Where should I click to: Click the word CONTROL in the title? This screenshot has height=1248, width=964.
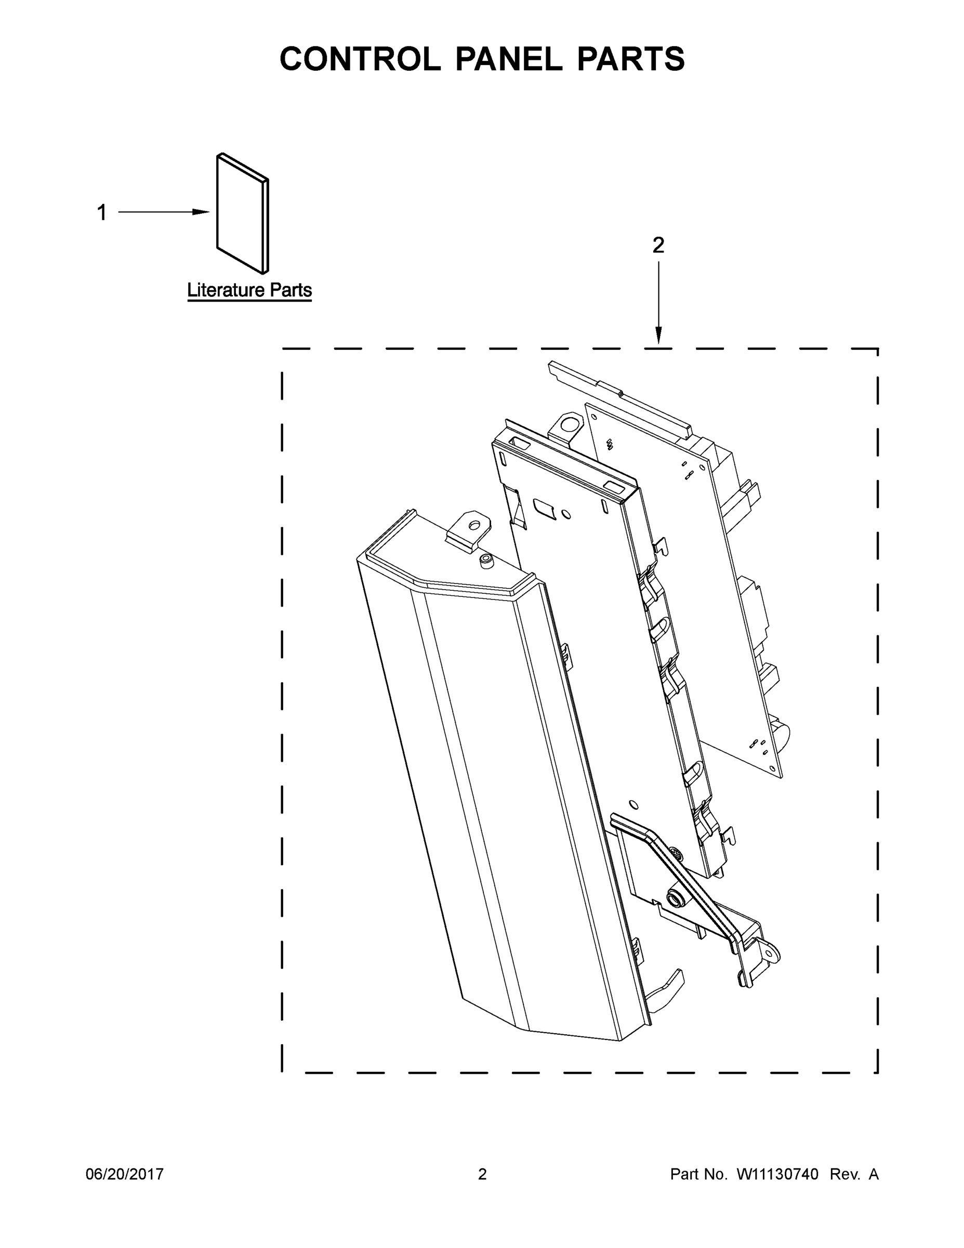click(x=359, y=59)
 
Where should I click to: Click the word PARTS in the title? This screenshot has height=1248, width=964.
click(x=630, y=59)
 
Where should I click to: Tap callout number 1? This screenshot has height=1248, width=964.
click(x=102, y=213)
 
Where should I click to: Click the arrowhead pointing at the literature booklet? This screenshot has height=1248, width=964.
click(x=202, y=212)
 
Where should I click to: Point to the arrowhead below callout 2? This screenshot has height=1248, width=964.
click(x=658, y=336)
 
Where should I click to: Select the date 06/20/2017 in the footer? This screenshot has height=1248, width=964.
click(x=125, y=1174)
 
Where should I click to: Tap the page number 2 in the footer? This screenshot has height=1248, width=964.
click(x=482, y=1174)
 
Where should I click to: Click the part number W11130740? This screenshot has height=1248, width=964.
click(x=777, y=1174)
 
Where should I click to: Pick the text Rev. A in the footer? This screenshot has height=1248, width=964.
click(x=854, y=1174)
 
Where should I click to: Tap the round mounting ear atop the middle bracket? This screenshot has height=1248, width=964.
click(x=569, y=424)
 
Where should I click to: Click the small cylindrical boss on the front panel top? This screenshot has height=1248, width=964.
click(x=486, y=561)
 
